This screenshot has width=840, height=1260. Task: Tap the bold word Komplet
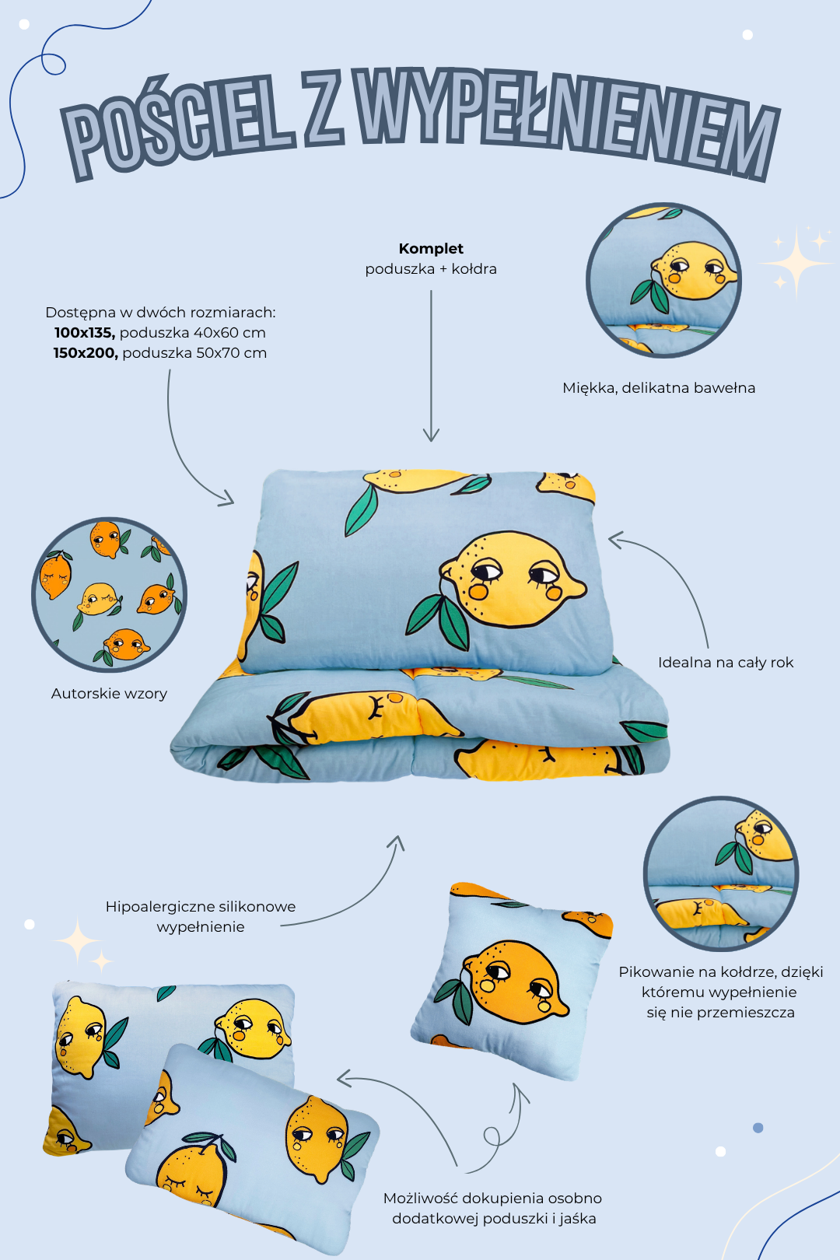[x=431, y=249]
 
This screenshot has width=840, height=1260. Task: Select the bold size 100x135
[x=85, y=332]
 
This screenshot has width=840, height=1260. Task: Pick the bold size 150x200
[x=86, y=352]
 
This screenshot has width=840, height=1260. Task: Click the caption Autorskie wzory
[x=109, y=694]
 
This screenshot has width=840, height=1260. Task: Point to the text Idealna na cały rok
[x=726, y=663]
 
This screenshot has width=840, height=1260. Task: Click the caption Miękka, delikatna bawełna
[x=659, y=388]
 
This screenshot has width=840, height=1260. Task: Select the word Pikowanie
[x=652, y=972]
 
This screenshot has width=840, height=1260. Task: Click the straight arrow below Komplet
[x=431, y=366]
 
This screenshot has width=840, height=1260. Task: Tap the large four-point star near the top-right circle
[x=796, y=262]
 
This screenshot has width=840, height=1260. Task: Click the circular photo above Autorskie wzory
[x=109, y=594]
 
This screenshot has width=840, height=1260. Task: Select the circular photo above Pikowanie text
[x=721, y=873]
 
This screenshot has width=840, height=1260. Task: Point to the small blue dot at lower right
[x=758, y=1128]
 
